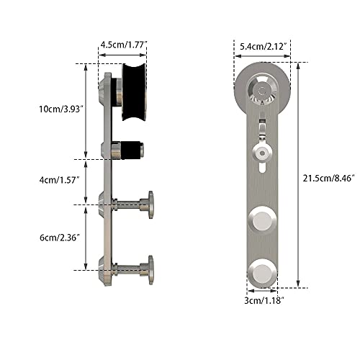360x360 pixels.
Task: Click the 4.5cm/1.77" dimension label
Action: (124, 45)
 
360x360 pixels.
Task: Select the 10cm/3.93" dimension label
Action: (61, 109)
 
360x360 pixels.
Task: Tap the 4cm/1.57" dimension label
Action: (59, 180)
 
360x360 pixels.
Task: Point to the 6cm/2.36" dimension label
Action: (60, 238)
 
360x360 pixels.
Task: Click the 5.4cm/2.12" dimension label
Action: (264, 46)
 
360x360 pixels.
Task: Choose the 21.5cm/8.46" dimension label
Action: (329, 179)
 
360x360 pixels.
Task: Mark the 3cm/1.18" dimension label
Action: (264, 300)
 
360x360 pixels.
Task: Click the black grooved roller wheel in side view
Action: (134, 92)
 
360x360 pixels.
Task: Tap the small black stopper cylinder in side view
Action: (131, 150)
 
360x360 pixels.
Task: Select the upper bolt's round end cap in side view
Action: (150, 204)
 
